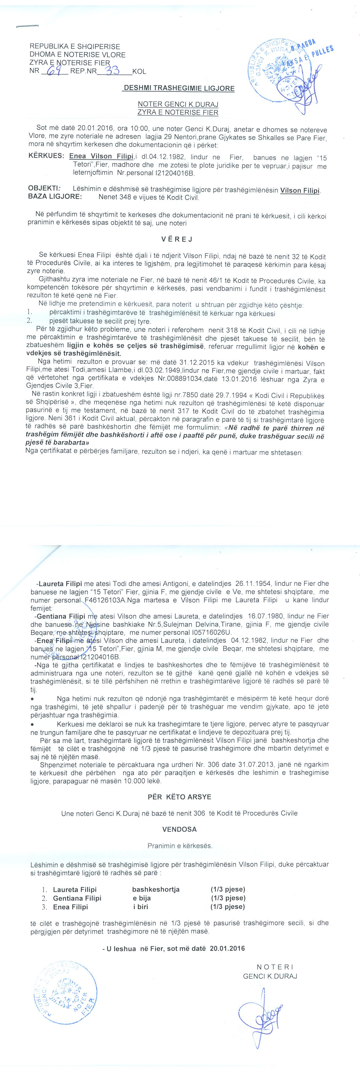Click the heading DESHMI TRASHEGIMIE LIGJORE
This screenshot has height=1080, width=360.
click(178, 89)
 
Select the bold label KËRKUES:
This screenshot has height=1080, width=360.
click(46, 156)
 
